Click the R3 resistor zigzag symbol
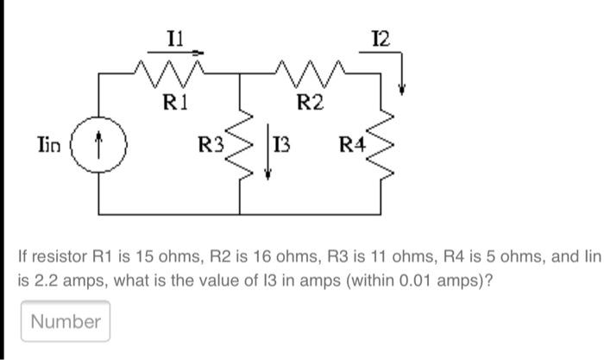pyautogui.click(x=244, y=144)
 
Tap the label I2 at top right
pyautogui.click(x=380, y=38)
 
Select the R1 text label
pyautogui.click(x=175, y=104)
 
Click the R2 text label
pyautogui.click(x=310, y=104)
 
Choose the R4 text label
pyautogui.click(x=352, y=145)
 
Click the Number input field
pyautogui.click(x=66, y=322)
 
